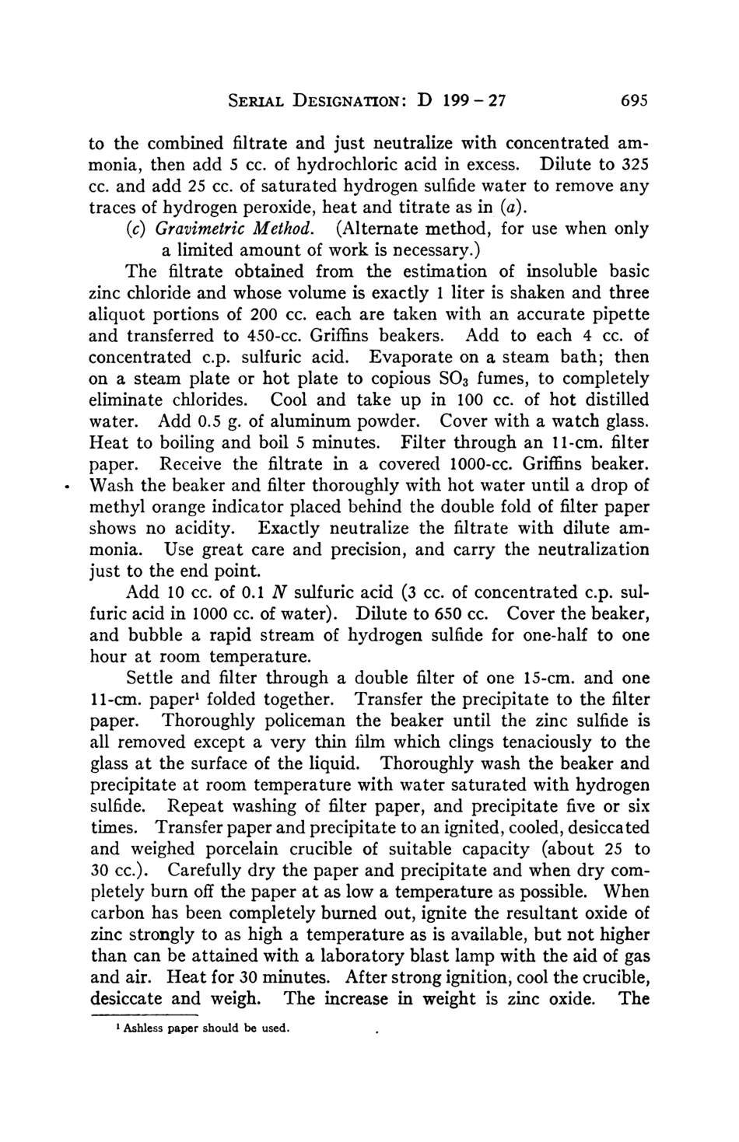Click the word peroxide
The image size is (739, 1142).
point(268,208)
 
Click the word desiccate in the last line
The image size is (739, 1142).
point(130,998)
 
